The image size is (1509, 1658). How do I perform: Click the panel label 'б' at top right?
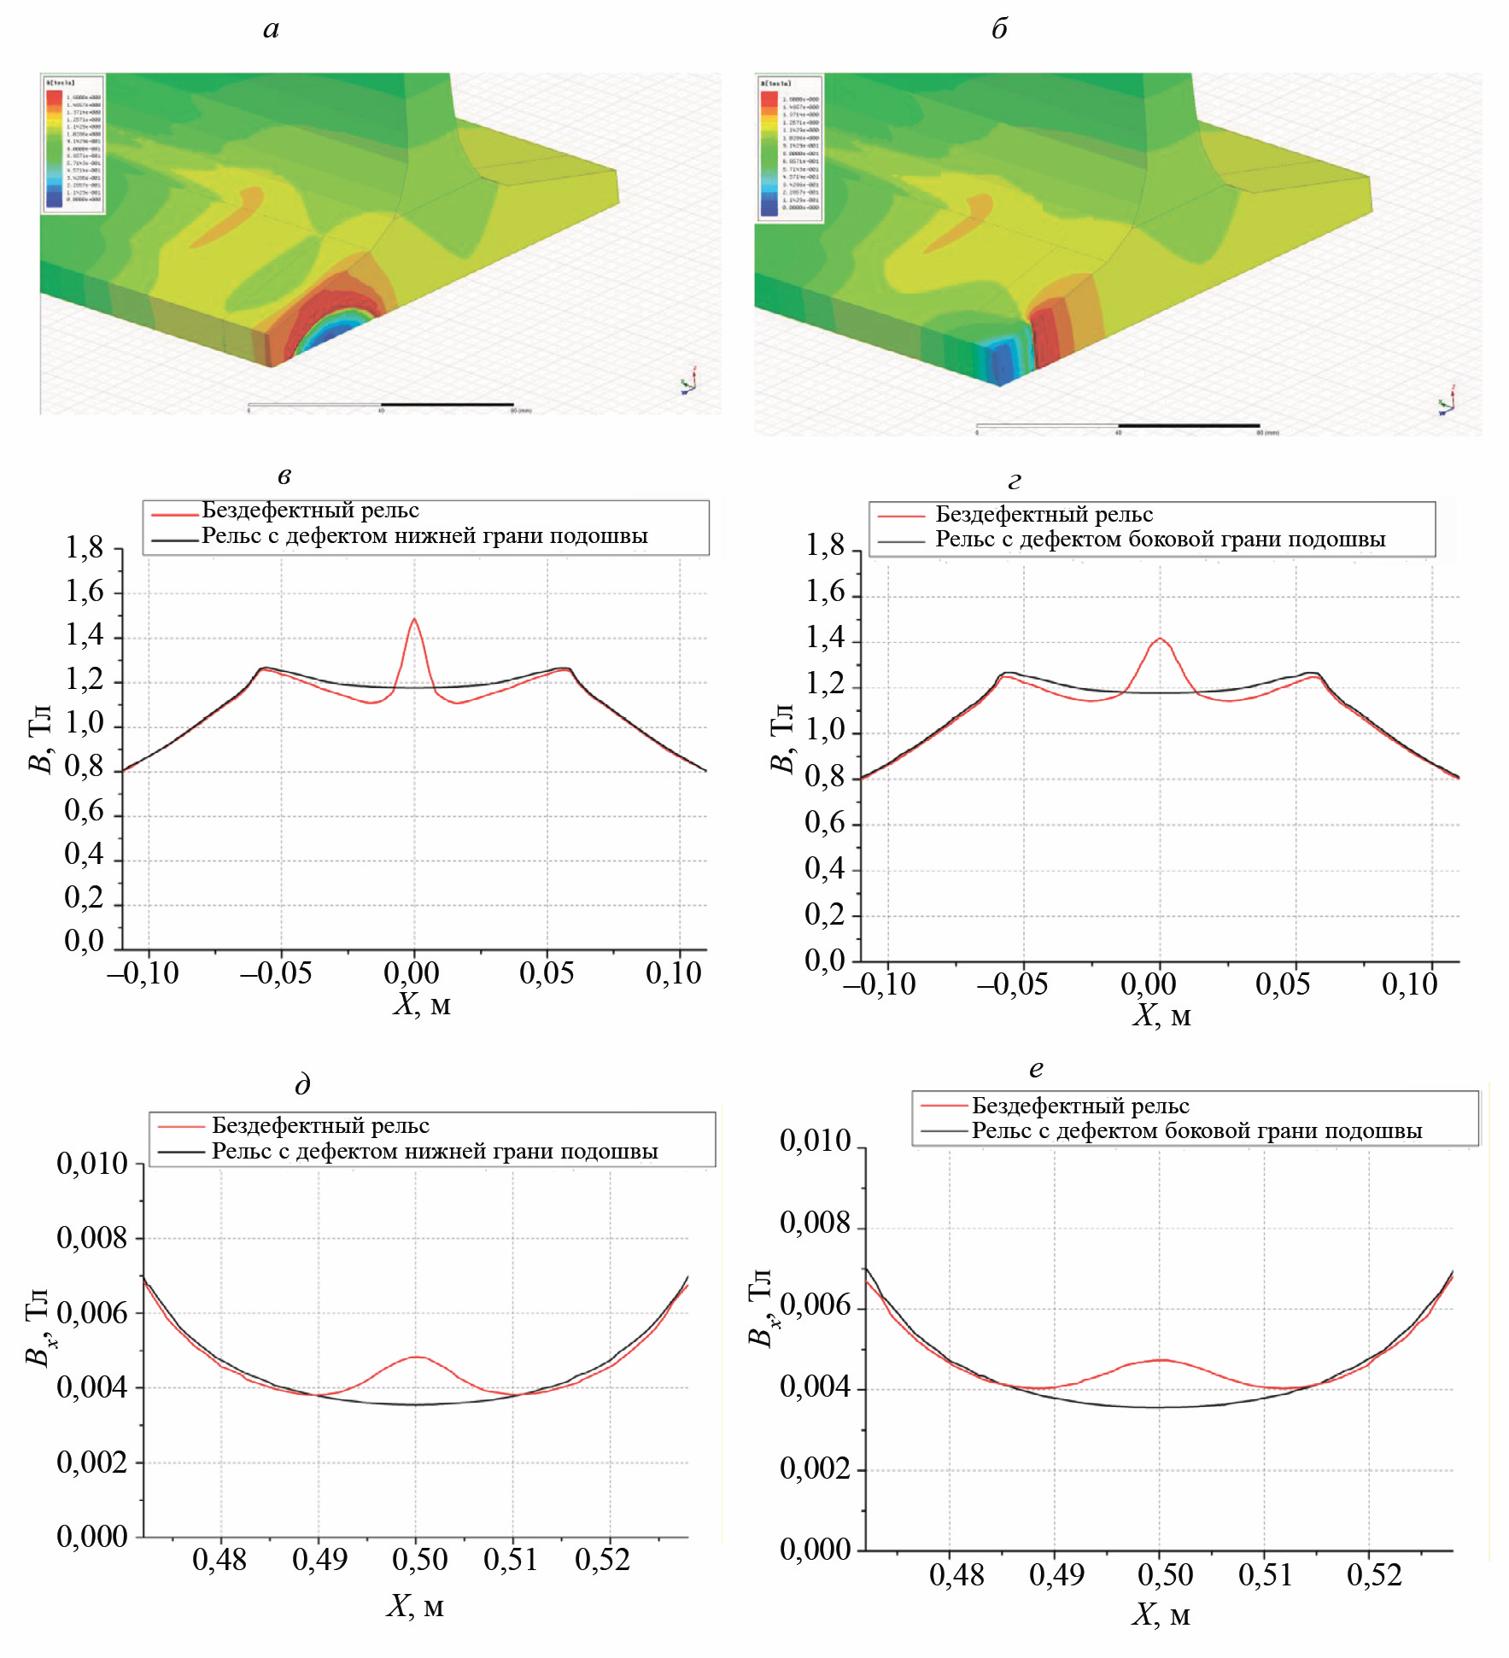point(999,29)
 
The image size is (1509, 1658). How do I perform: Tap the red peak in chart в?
point(414,619)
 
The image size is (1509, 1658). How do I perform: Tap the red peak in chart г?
point(1159,639)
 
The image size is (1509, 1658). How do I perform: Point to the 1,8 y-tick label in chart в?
point(85,547)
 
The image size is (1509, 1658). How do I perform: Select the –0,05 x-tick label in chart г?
point(1012,984)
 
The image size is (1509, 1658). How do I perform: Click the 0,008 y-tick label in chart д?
point(91,1237)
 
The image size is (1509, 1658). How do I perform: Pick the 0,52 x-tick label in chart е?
point(1374,1574)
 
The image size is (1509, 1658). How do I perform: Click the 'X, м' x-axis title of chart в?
point(421,1004)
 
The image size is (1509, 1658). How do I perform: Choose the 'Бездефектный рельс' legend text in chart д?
point(320,1125)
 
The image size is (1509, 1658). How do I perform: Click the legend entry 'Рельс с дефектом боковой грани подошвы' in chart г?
point(1160,540)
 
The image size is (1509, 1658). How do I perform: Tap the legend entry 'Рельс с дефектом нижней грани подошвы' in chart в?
point(424,536)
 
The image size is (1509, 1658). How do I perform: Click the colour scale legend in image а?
point(73,143)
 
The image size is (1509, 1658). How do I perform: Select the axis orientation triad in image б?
point(1446,401)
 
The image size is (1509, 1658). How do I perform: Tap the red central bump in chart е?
point(1160,1360)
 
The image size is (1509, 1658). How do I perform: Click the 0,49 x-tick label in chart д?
point(319,1560)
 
